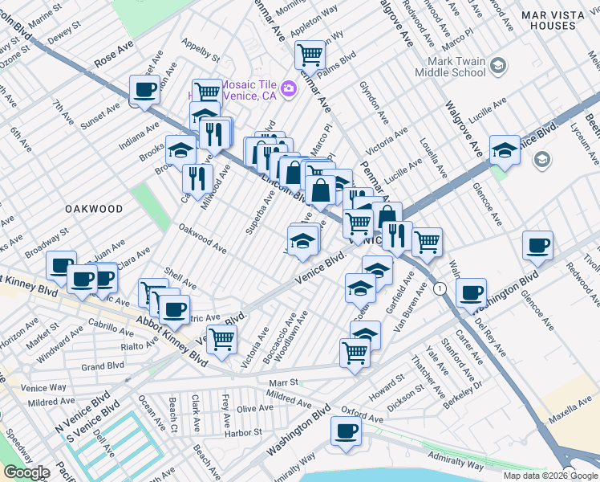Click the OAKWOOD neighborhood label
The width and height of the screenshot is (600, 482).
click(x=95, y=209)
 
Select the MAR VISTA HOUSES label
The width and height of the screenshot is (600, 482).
click(x=559, y=20)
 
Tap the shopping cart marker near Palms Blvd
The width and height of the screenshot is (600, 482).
click(x=310, y=55)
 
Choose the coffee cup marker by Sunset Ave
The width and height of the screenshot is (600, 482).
click(x=144, y=90)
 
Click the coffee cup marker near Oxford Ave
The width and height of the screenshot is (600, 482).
click(x=347, y=430)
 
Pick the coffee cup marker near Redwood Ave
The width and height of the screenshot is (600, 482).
click(x=537, y=245)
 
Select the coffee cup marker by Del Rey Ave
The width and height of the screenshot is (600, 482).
click(x=472, y=292)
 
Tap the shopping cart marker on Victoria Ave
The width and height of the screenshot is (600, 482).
click(x=221, y=339)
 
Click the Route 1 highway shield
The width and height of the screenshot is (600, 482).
click(x=439, y=288)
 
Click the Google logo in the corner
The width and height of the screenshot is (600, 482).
click(x=26, y=472)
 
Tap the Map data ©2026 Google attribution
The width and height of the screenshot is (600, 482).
click(x=550, y=476)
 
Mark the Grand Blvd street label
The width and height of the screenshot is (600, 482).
click(x=103, y=366)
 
